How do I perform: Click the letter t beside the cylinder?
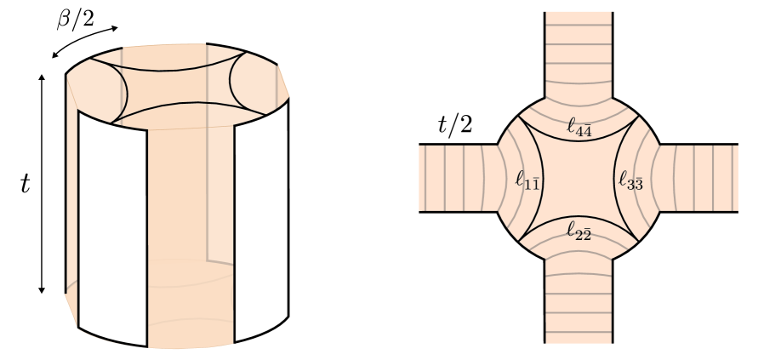tap(25, 183)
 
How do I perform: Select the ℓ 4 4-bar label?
tap(579, 128)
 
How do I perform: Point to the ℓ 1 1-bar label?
tap(527, 180)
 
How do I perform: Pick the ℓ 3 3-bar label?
tap(630, 180)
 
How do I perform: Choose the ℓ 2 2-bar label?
tap(579, 230)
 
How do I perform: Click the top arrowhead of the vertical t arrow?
tap(42, 77)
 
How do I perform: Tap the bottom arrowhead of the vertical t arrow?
tap(42, 290)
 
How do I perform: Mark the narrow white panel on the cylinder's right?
tap(262, 221)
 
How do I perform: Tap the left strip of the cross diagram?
tap(451, 178)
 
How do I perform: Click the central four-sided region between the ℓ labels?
tap(579, 179)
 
